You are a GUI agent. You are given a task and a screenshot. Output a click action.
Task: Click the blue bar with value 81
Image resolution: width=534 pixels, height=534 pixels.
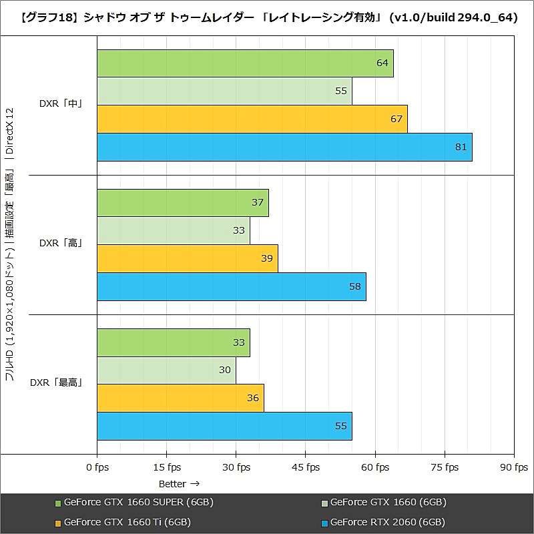(x=284, y=147)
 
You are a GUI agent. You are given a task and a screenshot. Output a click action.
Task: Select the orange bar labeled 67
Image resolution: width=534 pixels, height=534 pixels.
(x=252, y=119)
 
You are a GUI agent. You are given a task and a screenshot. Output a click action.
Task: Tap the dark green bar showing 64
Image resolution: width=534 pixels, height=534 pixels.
(x=245, y=63)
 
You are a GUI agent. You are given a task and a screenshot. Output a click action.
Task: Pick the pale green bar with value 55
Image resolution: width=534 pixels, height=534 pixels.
(x=224, y=91)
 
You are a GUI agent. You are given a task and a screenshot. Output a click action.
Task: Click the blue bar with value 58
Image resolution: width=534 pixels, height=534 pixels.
(x=231, y=286)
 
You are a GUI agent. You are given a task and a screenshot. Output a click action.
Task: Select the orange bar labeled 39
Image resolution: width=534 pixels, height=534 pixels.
(x=187, y=258)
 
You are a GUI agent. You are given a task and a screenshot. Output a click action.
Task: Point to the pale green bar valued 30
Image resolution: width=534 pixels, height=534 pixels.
(x=166, y=370)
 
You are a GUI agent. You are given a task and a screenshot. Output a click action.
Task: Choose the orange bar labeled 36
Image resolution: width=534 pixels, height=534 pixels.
(x=180, y=398)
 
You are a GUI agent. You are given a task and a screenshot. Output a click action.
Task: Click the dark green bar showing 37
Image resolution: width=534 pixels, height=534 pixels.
(x=182, y=203)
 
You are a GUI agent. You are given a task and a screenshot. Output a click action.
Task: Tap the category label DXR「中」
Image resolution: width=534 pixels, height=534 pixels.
(x=61, y=105)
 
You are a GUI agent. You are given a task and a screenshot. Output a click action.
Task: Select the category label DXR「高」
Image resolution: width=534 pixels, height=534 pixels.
(x=61, y=244)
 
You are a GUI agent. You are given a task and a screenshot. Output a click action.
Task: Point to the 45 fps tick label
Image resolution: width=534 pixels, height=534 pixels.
(x=305, y=467)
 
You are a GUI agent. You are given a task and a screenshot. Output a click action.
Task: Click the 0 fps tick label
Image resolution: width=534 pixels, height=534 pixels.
(x=97, y=467)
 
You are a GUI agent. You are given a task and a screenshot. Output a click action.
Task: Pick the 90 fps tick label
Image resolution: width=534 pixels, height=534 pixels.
(x=513, y=467)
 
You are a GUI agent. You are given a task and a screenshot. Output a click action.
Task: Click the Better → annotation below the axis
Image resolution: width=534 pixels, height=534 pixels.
(x=179, y=483)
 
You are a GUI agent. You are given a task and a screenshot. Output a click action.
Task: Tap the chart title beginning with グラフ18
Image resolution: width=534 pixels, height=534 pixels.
(x=267, y=17)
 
